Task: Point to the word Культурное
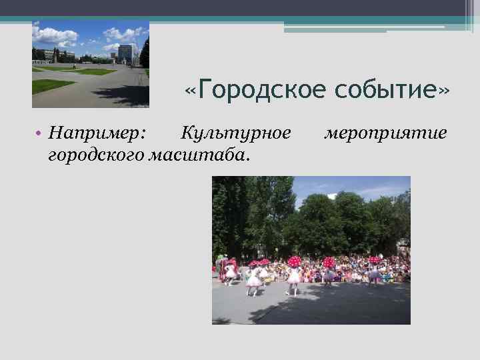coord(235,133)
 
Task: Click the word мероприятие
coord(385,133)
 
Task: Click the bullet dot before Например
coord(40,134)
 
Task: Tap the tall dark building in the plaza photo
coord(125,53)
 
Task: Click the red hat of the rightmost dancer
coord(373,259)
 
